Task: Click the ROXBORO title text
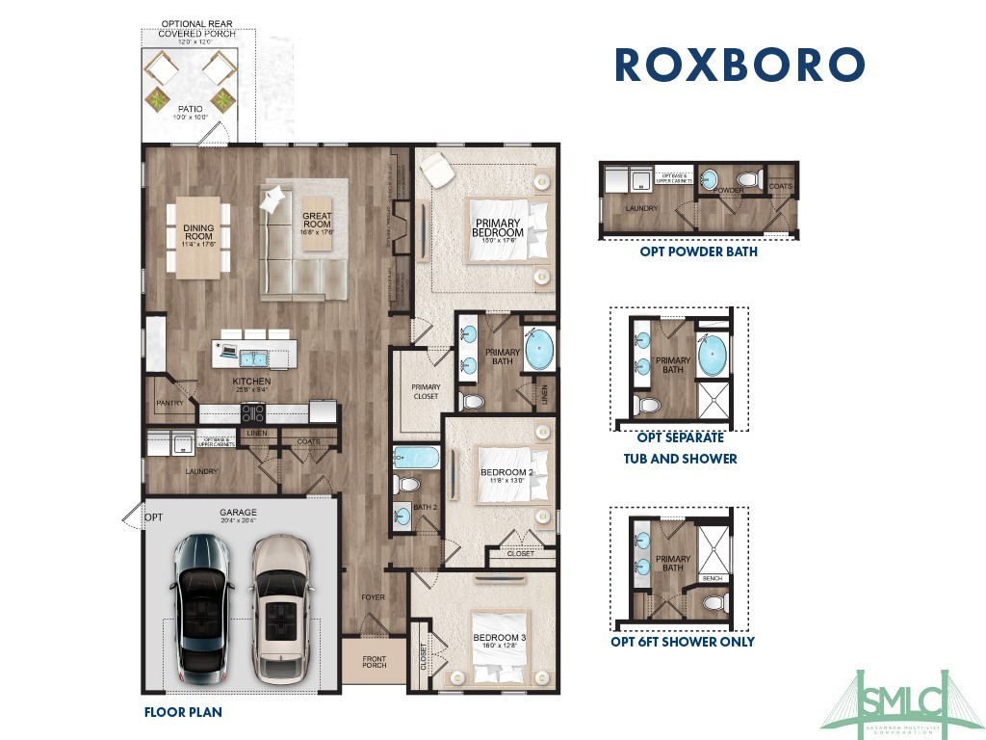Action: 739,64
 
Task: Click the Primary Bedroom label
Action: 499,227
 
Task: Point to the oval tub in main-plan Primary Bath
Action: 539,351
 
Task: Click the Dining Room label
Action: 198,232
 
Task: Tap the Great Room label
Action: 317,221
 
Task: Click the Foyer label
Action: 374,597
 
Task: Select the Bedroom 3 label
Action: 499,638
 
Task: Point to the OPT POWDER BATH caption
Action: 698,252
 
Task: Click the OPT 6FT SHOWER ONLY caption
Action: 683,642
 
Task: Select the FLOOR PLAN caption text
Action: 183,713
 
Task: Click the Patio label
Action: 191,111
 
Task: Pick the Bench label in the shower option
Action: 714,579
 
